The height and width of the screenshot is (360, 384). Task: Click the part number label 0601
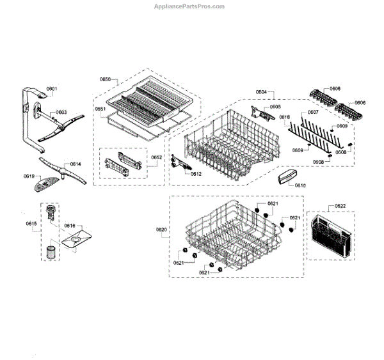52,88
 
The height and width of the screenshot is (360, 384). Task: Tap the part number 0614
76,164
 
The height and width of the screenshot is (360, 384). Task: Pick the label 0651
100,109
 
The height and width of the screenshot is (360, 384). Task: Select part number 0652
156,157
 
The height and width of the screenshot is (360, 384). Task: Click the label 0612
196,173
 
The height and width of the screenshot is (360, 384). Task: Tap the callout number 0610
300,185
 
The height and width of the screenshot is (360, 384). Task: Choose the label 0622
340,206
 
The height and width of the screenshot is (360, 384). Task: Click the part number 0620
161,229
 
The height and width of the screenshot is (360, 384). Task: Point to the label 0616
69,226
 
